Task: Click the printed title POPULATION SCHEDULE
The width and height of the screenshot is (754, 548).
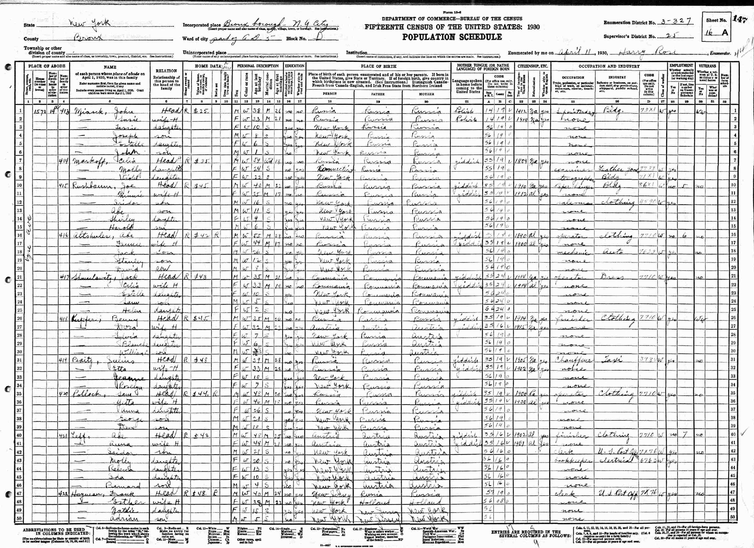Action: click(452, 37)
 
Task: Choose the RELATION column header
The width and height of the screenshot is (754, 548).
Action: click(166, 71)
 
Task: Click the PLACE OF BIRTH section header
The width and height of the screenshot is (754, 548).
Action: click(378, 66)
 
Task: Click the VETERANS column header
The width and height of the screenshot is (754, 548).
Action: click(707, 66)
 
